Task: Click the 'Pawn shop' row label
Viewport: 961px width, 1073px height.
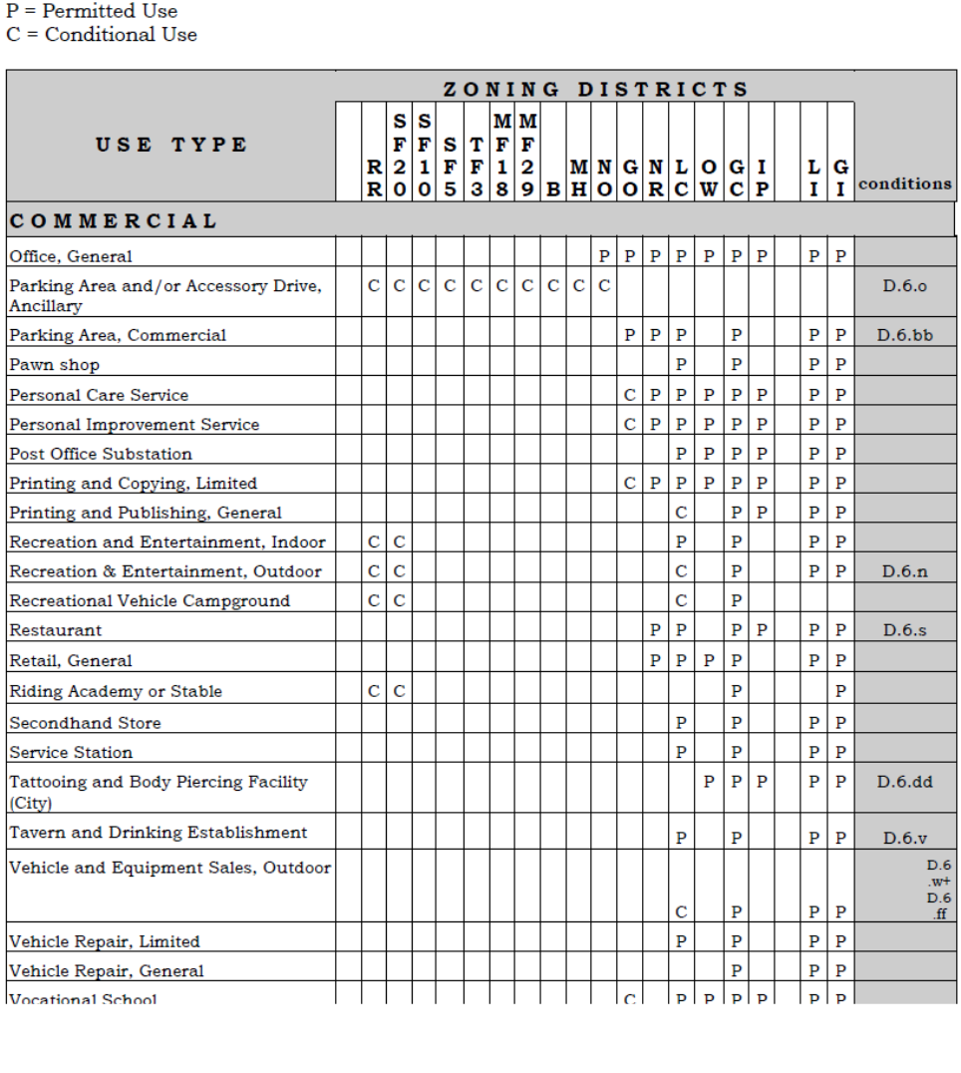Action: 54,365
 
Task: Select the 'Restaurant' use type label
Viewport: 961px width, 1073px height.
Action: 56,630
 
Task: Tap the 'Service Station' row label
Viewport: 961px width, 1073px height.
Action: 71,752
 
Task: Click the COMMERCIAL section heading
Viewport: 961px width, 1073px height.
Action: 113,220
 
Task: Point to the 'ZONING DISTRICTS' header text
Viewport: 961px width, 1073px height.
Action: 595,89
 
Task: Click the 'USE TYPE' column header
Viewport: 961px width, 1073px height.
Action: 171,145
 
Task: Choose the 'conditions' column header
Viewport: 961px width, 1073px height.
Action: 904,183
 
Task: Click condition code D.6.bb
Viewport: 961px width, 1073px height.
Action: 904,335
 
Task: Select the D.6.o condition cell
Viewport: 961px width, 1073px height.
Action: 904,286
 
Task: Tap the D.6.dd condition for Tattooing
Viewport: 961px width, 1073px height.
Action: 904,782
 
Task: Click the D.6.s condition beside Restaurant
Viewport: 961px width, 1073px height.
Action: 904,630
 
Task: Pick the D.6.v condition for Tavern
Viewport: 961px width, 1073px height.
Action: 904,839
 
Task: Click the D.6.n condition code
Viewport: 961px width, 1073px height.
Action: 904,571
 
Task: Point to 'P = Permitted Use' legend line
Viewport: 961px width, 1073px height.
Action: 92,12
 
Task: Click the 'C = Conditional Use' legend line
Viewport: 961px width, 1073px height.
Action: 102,35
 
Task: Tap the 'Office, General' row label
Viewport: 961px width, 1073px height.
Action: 71,257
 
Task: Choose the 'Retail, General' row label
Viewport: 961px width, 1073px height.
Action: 71,660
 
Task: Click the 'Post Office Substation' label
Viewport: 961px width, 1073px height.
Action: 101,454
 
